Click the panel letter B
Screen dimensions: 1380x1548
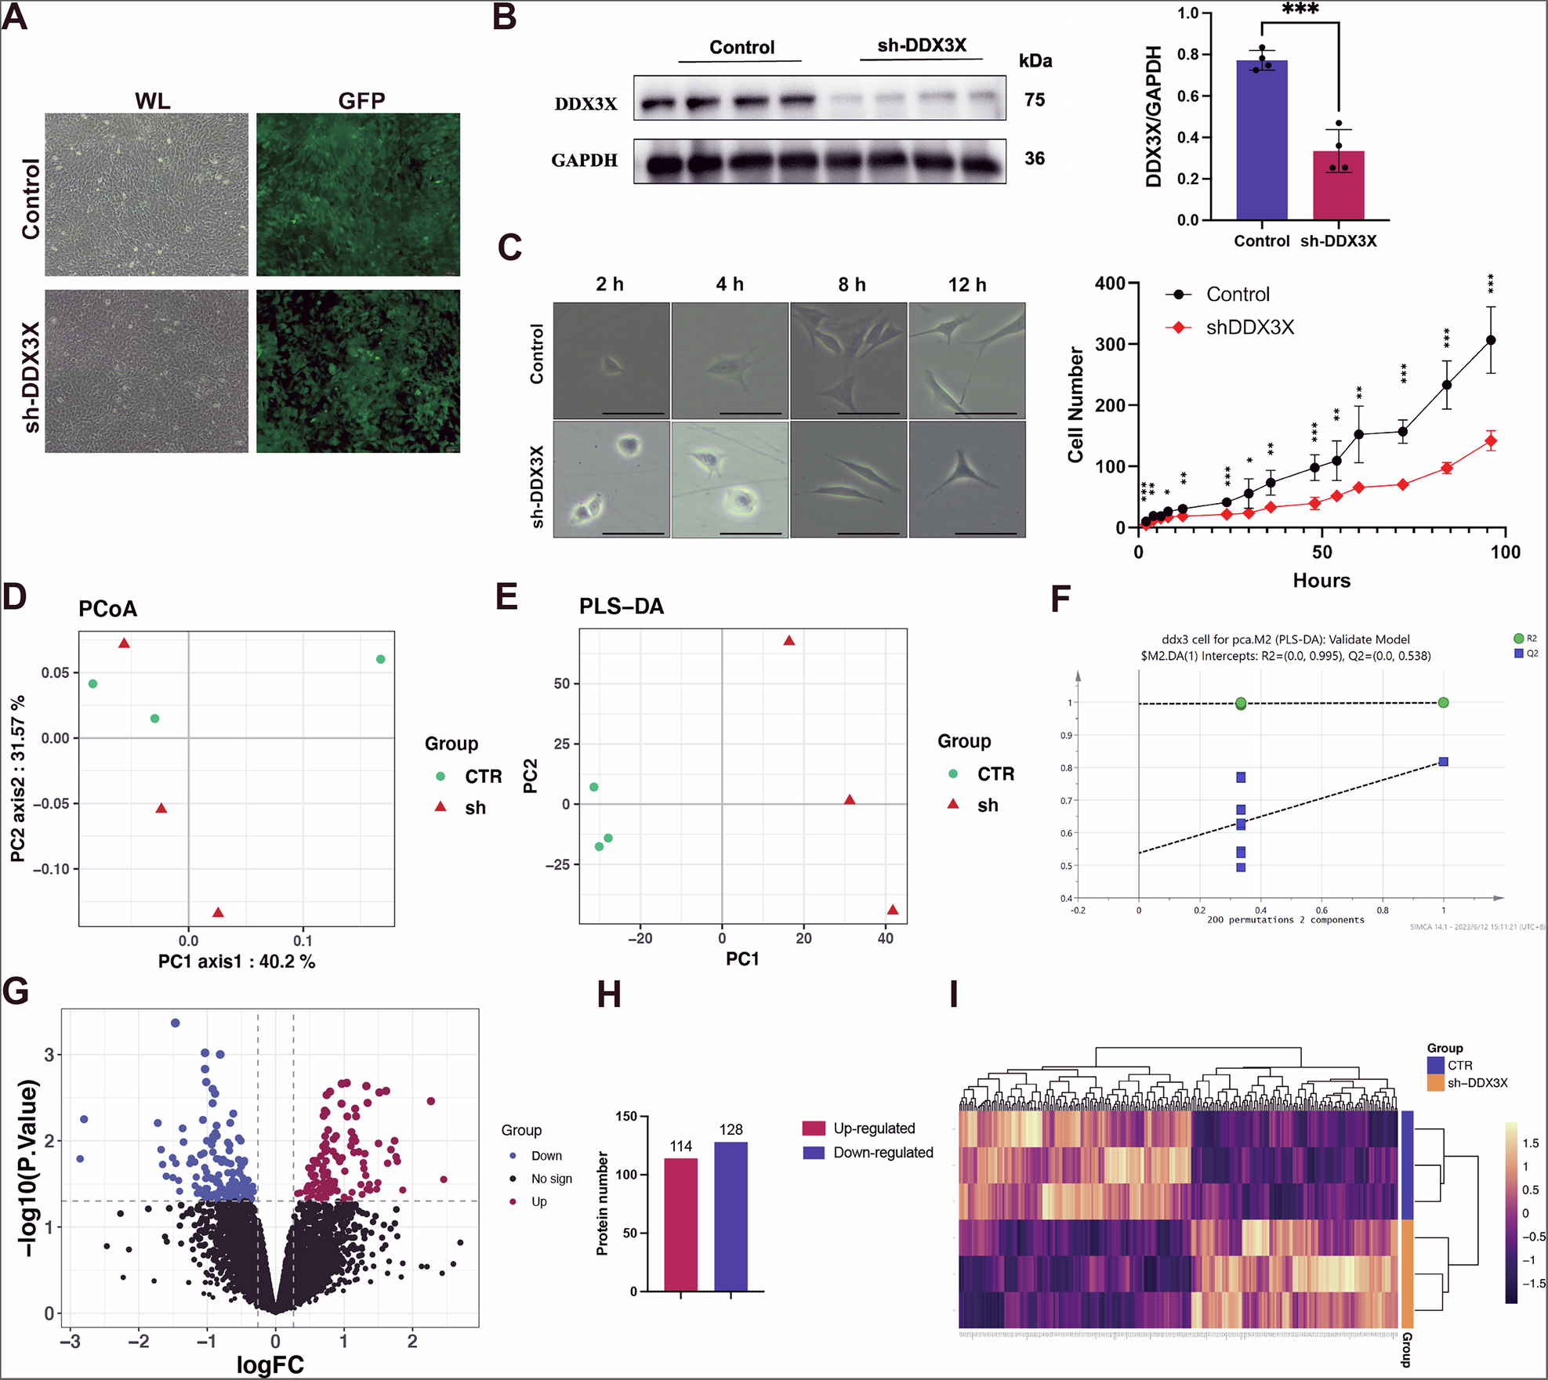tap(504, 17)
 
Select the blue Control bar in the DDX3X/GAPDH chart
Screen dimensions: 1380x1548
tap(1261, 141)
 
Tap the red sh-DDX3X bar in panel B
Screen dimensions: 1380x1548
tap(1338, 186)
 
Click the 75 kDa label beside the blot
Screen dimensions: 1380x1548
tap(1035, 100)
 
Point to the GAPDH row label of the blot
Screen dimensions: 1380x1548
tap(584, 161)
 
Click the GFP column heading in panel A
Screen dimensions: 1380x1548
tap(361, 100)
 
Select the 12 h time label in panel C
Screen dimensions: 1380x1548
tap(966, 284)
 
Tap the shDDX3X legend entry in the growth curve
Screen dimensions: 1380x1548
tap(1249, 328)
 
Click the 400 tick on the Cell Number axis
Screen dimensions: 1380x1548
tap(1110, 283)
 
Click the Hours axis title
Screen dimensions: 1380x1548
tap(1321, 581)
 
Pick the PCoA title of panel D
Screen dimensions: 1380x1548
tap(107, 609)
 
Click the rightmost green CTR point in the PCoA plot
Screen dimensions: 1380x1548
tap(381, 659)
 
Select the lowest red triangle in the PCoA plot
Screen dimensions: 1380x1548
tap(219, 912)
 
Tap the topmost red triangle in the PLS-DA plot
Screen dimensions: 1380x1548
tap(789, 641)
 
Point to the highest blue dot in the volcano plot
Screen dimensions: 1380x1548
tap(176, 1023)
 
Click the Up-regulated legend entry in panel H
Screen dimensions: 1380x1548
tap(873, 1128)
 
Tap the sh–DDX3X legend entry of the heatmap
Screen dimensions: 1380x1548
tap(1477, 1083)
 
